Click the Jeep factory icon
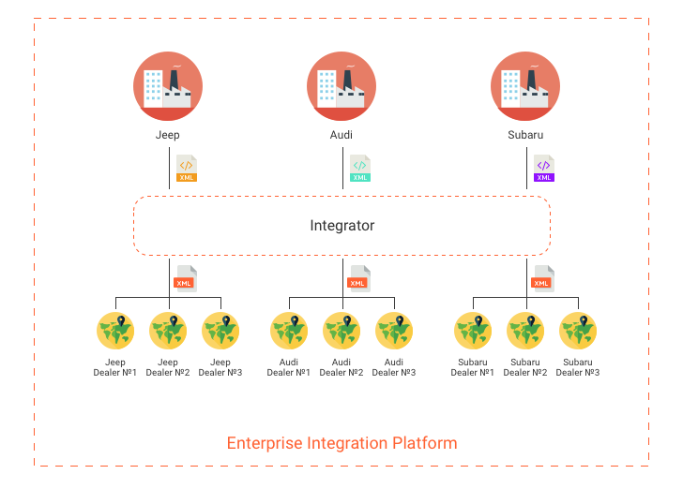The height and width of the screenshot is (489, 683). [168, 86]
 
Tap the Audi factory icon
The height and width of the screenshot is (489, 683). [341, 86]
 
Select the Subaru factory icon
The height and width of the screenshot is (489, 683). [525, 86]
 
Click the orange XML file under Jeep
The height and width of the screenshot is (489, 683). [187, 169]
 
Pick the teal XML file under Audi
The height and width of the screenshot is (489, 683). [360, 169]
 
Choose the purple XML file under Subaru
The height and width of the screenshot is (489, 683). [544, 169]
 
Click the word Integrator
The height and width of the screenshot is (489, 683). [341, 226]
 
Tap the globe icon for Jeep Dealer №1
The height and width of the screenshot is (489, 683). [115, 331]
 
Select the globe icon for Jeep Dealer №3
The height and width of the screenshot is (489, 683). [220, 331]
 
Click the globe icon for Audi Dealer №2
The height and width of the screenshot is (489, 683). [341, 331]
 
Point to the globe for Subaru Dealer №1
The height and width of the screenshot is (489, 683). [473, 331]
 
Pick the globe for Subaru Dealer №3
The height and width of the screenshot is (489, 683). [578, 331]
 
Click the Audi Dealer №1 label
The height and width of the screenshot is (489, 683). [289, 367]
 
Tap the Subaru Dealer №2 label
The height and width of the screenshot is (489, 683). [525, 367]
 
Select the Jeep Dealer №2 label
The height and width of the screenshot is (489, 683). [168, 367]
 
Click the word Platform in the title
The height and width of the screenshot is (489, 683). [425, 443]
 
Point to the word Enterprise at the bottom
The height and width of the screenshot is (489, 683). [265, 443]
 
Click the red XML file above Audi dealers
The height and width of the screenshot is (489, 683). [359, 278]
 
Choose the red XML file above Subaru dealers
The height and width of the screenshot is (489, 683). [542, 278]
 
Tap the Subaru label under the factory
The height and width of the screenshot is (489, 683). [525, 135]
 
